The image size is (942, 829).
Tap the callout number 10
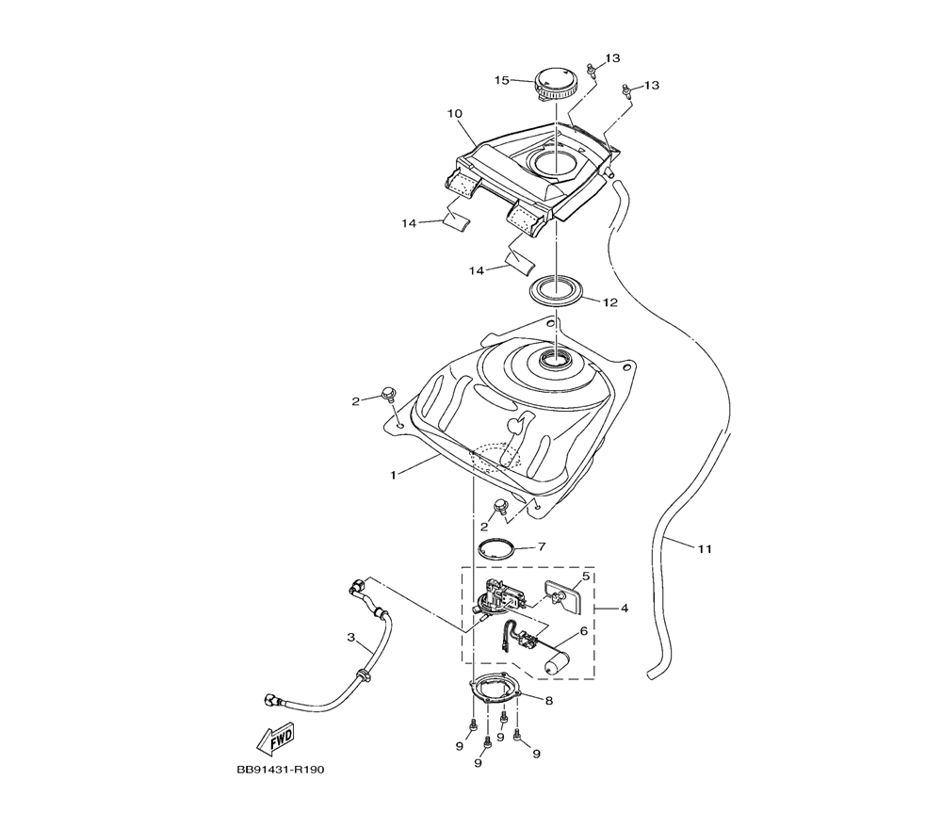pos(455,114)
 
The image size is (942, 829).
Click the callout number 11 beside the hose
pos(705,548)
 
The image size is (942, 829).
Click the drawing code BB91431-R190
pos(281,770)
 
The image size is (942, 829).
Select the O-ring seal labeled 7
pos(496,549)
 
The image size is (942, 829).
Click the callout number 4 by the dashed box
pos(625,609)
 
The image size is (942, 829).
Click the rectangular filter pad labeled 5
pos(563,596)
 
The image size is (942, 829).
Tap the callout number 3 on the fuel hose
pos(351,638)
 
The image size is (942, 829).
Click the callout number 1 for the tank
pos(394,475)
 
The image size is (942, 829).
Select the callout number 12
pos(610,302)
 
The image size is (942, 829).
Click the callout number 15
pos(502,80)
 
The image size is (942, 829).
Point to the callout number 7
pos(542,546)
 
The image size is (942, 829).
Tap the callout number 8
pos(549,701)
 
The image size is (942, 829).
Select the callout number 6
pos(583,631)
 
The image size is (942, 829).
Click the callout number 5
pos(586,577)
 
